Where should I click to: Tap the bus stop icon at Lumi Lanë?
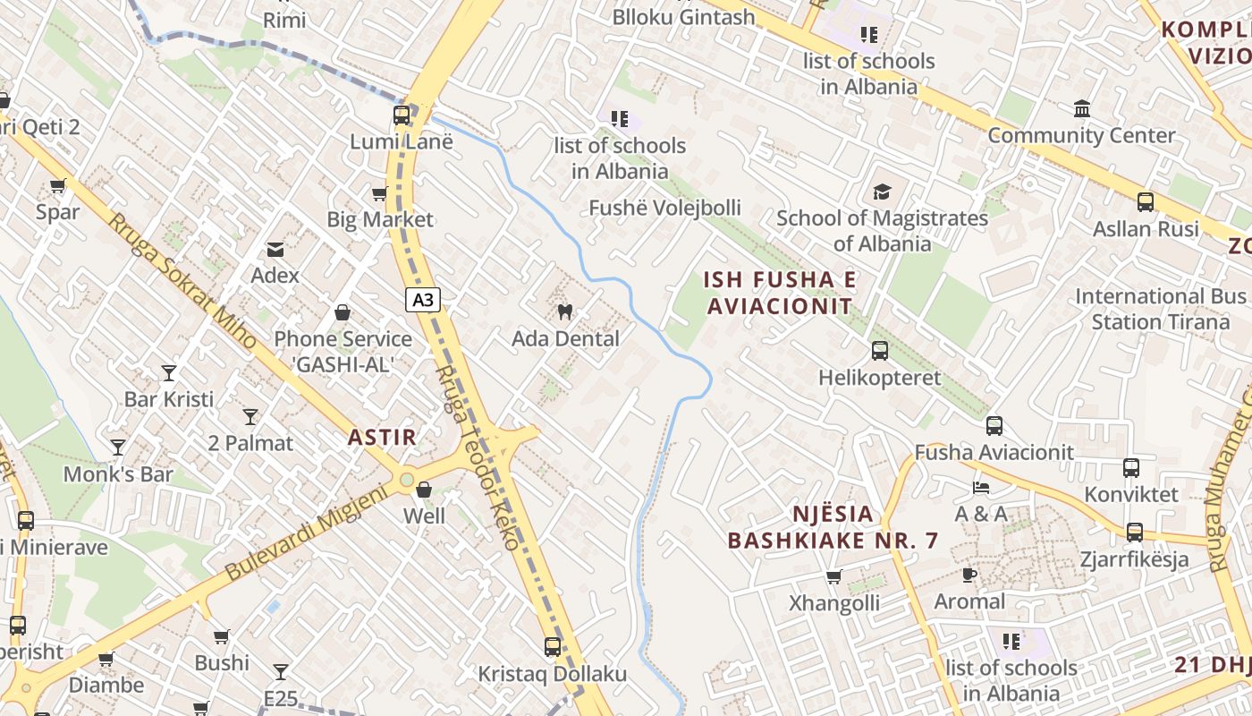402,115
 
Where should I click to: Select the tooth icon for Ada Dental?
564,311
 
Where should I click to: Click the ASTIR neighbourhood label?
382,438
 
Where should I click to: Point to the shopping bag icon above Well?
424,490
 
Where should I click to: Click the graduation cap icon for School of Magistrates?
882,192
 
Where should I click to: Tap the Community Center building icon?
1082,109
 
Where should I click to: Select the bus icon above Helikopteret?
880,351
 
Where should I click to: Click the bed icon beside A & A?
981,488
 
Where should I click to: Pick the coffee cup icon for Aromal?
969,575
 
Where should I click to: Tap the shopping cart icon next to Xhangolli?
834,576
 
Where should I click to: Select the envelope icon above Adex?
275,249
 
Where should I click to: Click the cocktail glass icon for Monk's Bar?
118,447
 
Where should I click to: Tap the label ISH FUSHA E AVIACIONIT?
779,293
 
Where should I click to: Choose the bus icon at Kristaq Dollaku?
553,646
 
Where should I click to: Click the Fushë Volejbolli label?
664,208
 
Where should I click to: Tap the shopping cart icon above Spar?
58,185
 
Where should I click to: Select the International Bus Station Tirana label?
1161,309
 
